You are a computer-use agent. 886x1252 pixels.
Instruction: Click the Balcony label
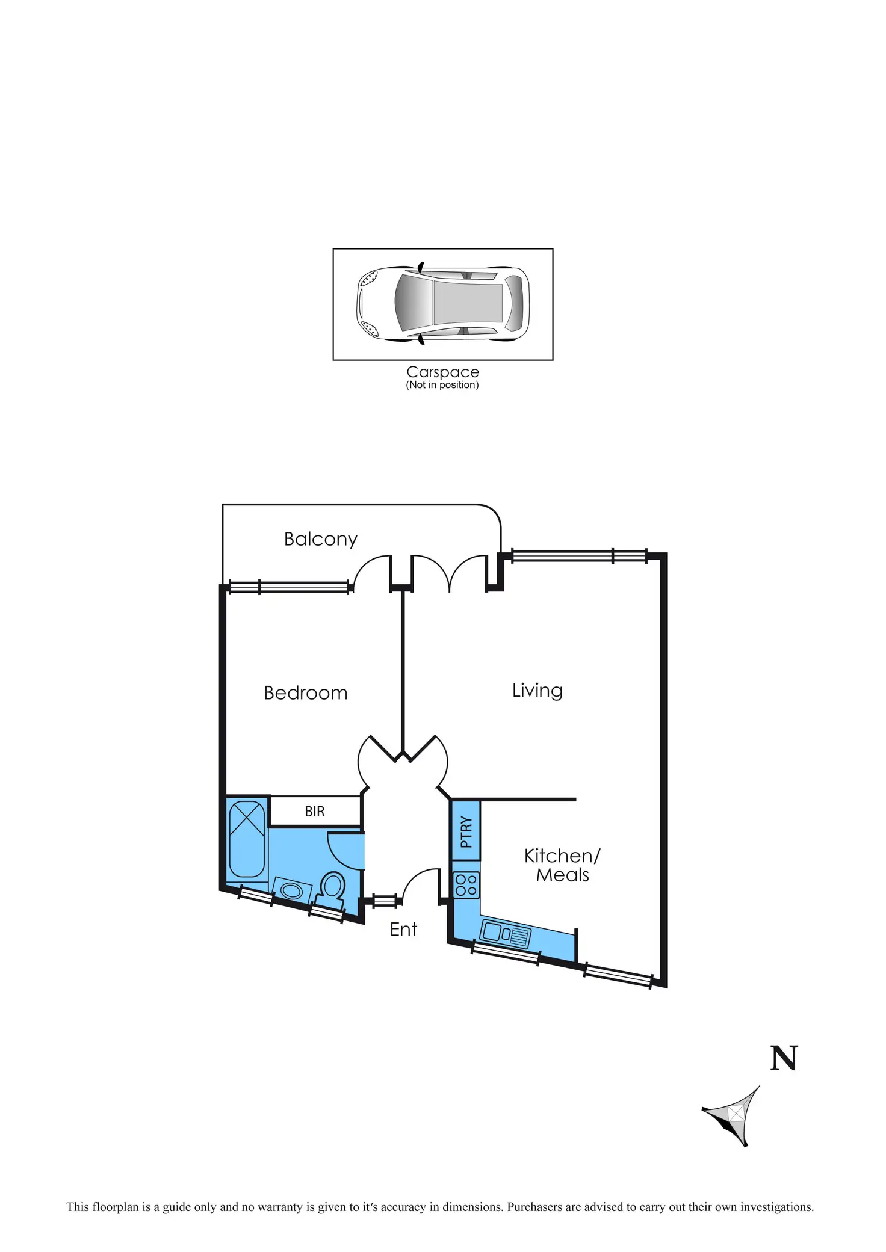click(320, 539)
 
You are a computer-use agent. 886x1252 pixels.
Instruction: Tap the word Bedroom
click(306, 693)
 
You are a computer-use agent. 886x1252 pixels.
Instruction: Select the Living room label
click(537, 691)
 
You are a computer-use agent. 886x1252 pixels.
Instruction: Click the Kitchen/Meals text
click(562, 865)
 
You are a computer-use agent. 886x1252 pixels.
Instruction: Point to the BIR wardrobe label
click(315, 812)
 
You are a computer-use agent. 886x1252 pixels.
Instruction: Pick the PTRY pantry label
click(466, 831)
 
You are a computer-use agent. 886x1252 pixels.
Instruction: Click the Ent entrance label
click(403, 930)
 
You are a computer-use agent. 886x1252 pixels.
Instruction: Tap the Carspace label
click(442, 372)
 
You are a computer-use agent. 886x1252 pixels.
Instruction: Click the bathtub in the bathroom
click(247, 839)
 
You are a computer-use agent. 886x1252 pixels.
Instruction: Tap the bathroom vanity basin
click(293, 890)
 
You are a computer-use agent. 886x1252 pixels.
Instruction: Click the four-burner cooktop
click(466, 884)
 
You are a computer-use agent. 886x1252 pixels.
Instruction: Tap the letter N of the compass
click(784, 1058)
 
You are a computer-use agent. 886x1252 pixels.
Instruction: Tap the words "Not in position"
click(442, 385)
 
